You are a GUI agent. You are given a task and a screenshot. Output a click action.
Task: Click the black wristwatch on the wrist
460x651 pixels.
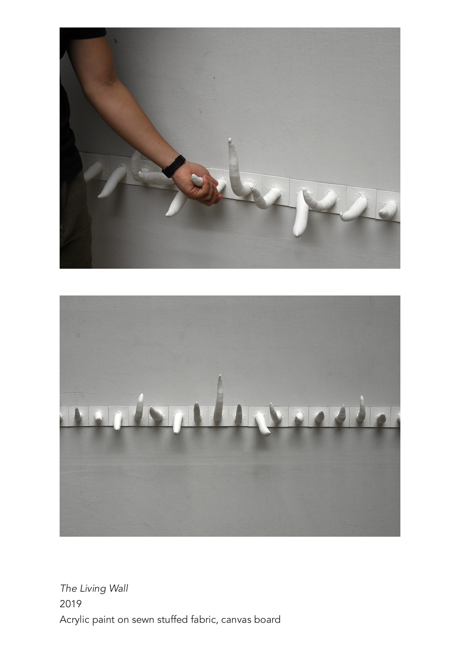[174, 166]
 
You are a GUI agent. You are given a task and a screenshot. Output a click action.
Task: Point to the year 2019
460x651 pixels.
[70, 604]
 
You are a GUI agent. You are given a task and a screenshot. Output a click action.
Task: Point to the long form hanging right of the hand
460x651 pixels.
[301, 217]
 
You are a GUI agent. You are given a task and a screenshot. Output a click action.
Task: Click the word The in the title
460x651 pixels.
[67, 588]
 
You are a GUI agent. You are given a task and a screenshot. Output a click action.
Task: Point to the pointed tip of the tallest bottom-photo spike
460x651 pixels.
[220, 377]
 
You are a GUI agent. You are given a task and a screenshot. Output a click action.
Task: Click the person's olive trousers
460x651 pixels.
[74, 224]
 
